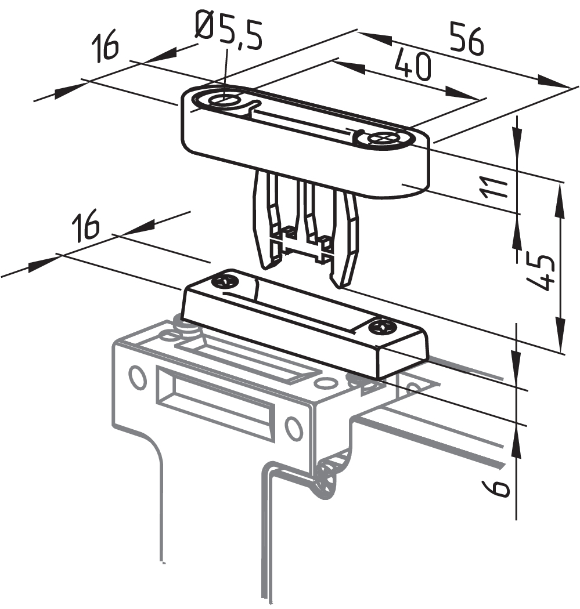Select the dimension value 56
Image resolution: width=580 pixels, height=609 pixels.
466,39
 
